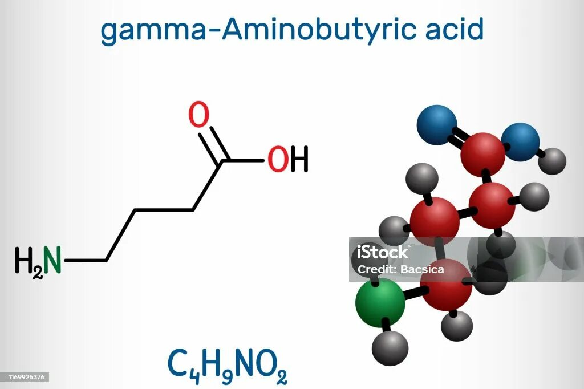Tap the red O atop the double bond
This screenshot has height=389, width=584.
[x=199, y=116]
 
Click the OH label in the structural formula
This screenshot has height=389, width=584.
[x=288, y=160]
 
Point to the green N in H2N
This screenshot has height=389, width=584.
[x=52, y=261]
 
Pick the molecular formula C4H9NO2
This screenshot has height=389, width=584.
[x=227, y=365]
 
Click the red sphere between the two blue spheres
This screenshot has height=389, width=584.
[x=482, y=153]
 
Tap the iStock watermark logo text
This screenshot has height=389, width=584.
[x=383, y=252]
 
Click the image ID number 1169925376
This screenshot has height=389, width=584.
[x=25, y=377]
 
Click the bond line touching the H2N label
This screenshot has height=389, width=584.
[x=86, y=261]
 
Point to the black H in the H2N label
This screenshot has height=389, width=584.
[x=23, y=261]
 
